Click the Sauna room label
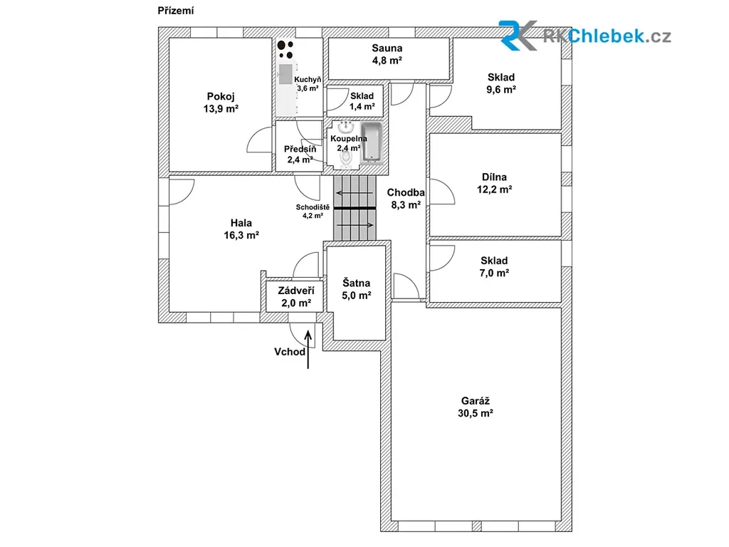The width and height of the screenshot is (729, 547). (x=387, y=48)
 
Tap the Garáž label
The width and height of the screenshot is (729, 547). (x=475, y=400)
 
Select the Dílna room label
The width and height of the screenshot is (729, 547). (x=494, y=177)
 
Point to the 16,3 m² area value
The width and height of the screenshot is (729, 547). (x=241, y=235)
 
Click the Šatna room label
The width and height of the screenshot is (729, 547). (x=356, y=282)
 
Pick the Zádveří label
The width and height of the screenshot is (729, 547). (x=296, y=291)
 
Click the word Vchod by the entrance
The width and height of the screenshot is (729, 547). (x=290, y=352)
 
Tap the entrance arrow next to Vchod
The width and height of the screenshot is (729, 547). (x=308, y=349)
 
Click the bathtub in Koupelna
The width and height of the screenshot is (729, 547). (x=372, y=142)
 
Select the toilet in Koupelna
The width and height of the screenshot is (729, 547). (x=346, y=160)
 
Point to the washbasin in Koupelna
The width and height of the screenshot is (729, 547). (x=345, y=127)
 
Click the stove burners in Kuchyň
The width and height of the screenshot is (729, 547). (x=285, y=49)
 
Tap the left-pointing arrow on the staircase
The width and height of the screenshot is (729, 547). (x=355, y=193)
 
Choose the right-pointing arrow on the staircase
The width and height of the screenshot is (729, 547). (x=355, y=225)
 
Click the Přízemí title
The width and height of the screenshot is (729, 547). (x=176, y=10)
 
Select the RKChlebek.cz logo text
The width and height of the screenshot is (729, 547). (x=607, y=36)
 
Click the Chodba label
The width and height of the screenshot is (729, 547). (x=406, y=192)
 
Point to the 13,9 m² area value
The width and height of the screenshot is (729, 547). (x=221, y=108)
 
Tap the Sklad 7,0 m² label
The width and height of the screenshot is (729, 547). (x=494, y=266)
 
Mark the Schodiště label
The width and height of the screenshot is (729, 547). (x=313, y=207)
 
